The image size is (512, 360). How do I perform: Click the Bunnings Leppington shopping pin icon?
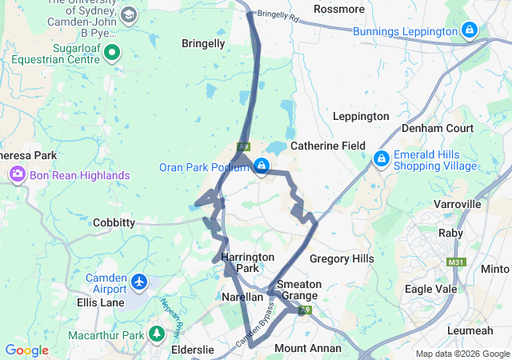[x=470, y=31]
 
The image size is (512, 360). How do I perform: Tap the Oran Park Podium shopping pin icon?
[x=261, y=166]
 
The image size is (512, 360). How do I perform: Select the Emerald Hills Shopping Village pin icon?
[x=381, y=160]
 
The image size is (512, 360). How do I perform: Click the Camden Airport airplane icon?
[x=140, y=282]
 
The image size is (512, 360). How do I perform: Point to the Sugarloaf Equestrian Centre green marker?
[x=112, y=54]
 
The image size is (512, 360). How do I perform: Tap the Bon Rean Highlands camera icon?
[x=17, y=174]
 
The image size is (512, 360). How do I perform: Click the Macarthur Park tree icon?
[x=158, y=334]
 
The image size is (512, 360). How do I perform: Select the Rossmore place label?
[x=339, y=9]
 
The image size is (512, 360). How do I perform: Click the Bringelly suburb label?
[x=203, y=43]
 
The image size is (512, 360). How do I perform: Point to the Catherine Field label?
[x=327, y=146]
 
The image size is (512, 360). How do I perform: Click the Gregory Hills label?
[x=342, y=258]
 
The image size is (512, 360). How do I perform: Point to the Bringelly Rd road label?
[x=278, y=15]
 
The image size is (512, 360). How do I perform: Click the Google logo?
[x=26, y=350]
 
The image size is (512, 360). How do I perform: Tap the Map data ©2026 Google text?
[x=462, y=354]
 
